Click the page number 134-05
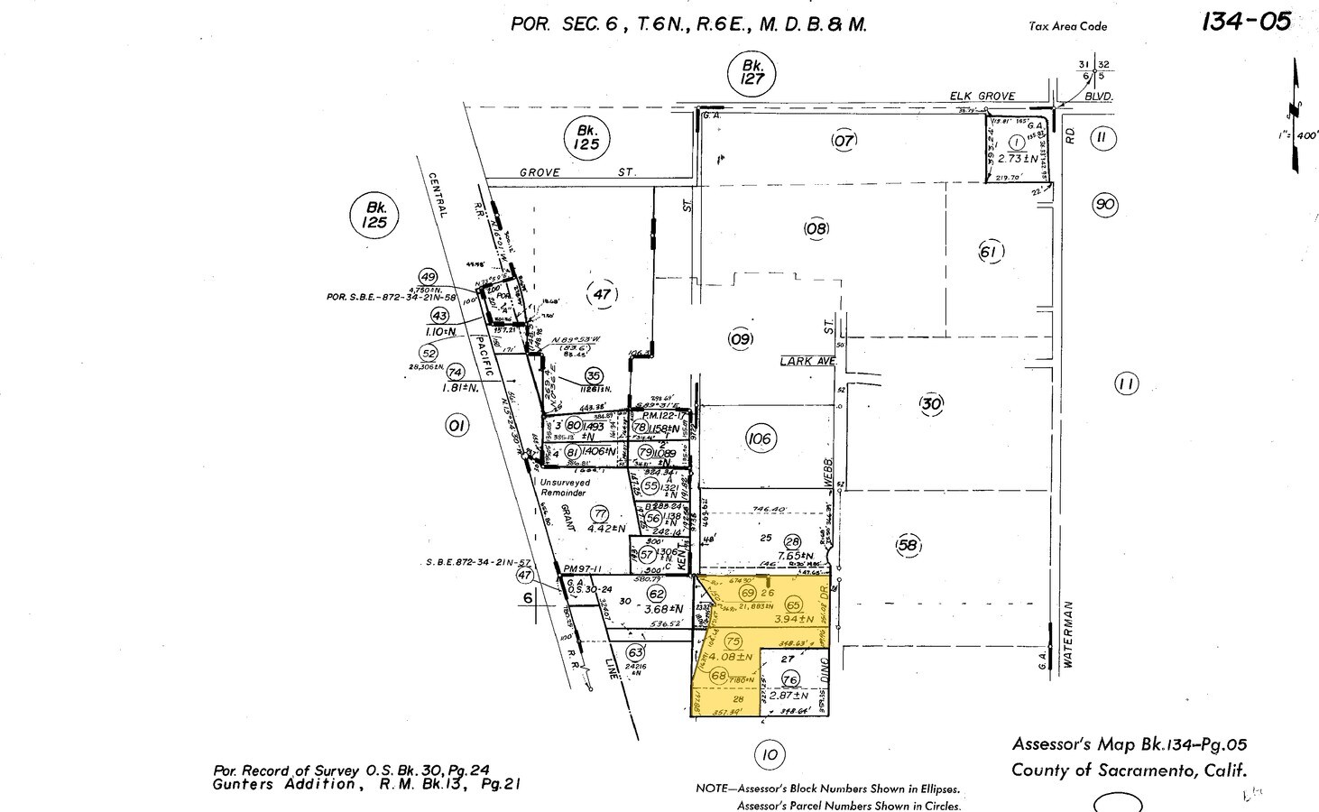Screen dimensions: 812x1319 coord(1246,22)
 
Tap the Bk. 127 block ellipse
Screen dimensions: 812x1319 coord(752,71)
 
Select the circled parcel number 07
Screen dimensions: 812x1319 coord(844,140)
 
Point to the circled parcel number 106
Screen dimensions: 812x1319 coord(760,439)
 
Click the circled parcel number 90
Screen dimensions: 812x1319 coord(1103,204)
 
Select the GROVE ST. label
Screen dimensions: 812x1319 coord(577,171)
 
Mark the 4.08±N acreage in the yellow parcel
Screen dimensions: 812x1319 coord(732,657)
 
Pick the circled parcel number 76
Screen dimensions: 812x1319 coord(790,679)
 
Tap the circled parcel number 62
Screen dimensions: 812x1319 coord(657,594)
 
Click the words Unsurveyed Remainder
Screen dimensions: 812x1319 coord(565,488)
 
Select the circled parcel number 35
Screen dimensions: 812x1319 coord(594,375)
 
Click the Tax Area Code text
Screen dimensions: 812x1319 coord(1067,26)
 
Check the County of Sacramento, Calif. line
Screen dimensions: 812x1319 coord(1129,770)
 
